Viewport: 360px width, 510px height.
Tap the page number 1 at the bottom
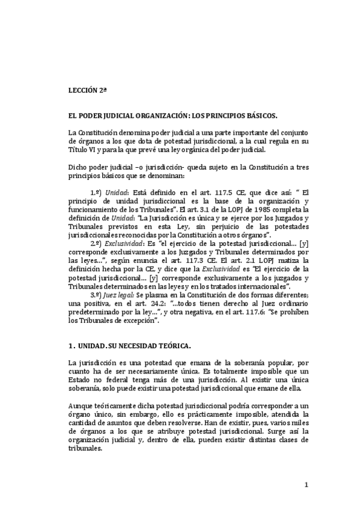click(x=305, y=485)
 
